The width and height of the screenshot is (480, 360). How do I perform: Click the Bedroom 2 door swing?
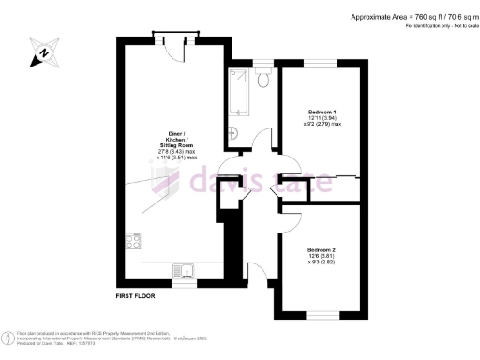(288, 219)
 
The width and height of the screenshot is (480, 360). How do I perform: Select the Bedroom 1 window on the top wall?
(322, 63)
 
